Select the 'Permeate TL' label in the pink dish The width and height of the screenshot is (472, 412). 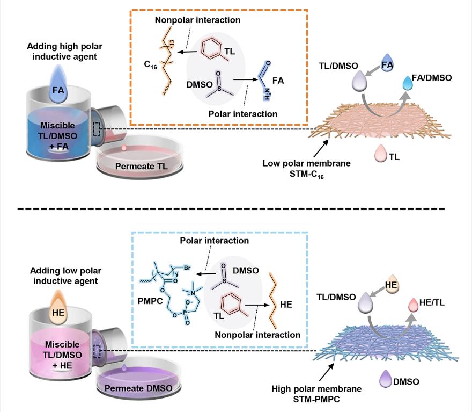click(142, 167)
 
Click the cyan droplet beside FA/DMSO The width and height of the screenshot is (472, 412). click(410, 84)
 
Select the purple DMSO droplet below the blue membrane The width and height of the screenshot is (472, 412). click(387, 381)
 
